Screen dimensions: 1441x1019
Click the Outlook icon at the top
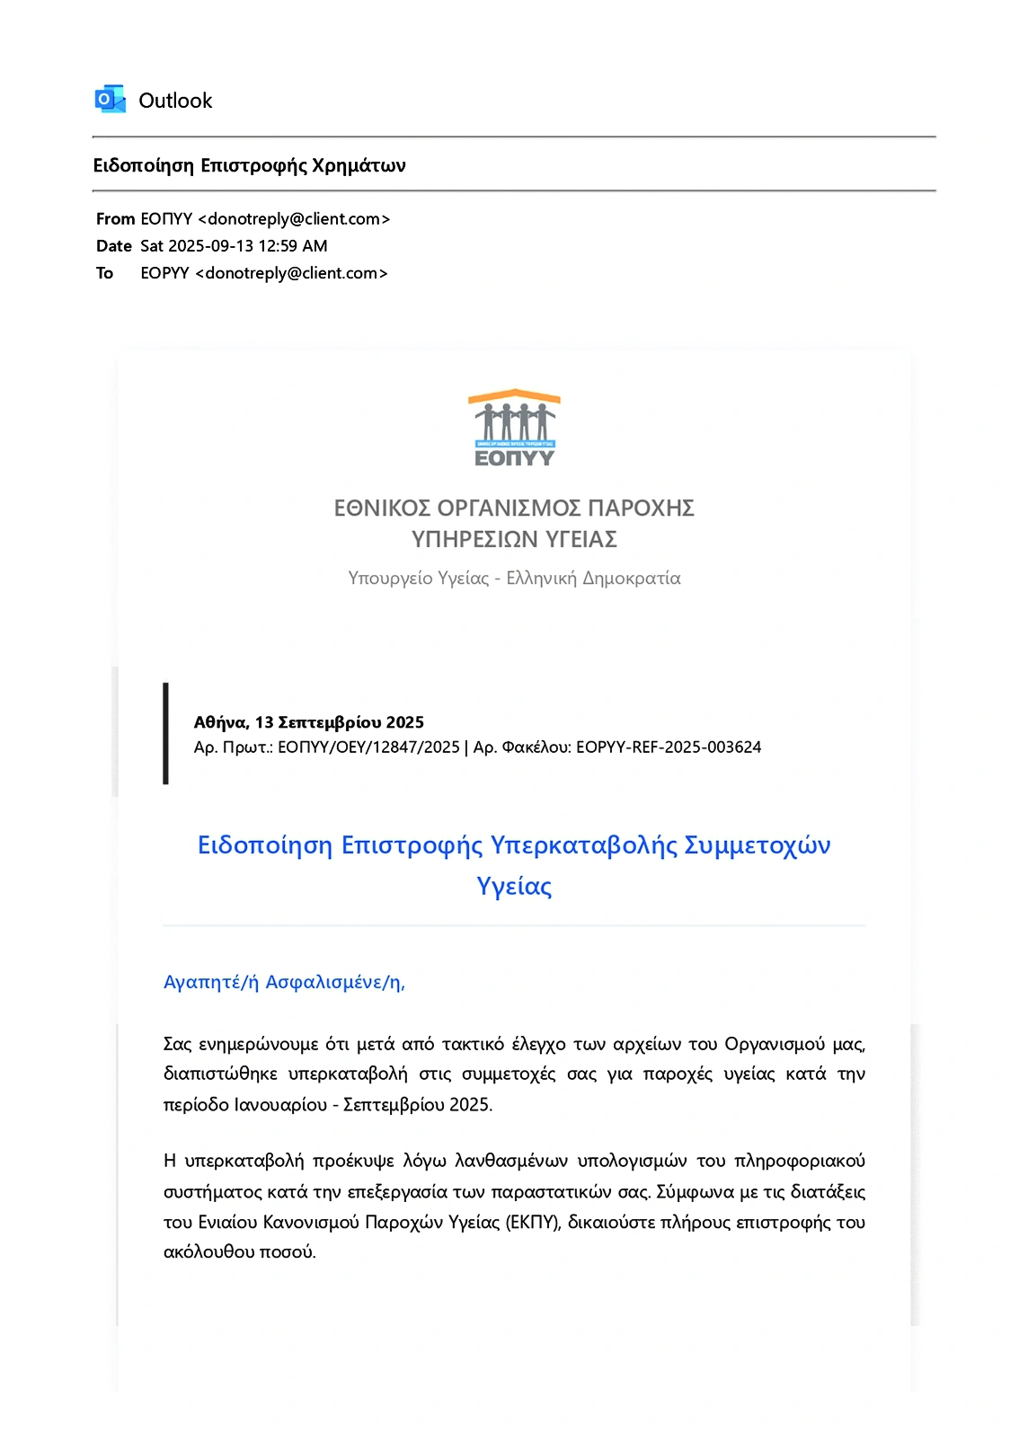pos(110,100)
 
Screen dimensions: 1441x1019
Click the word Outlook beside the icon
pos(175,101)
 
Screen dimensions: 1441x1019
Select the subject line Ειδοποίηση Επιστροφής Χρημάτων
pos(249,165)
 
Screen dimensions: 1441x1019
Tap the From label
pos(115,219)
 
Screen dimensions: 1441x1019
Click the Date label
pos(113,246)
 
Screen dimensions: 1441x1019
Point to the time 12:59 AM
pos(293,246)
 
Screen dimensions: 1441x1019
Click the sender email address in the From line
pos(294,219)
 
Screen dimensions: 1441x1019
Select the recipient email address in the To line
pos(291,273)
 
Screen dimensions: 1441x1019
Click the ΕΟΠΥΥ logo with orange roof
pos(514,428)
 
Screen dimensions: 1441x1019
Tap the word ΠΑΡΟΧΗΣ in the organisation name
pos(641,508)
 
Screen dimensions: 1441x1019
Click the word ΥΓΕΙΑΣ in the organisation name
pos(580,539)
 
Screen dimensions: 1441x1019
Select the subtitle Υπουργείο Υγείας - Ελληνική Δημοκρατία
pos(514,578)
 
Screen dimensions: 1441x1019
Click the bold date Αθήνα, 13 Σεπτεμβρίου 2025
pos(308,722)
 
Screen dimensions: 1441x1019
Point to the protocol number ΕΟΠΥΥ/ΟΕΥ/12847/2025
pos(368,747)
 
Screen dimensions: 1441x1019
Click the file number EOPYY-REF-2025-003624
pos(669,747)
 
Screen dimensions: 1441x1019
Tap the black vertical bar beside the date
pos(165,733)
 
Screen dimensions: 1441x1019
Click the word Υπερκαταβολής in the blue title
pos(583,845)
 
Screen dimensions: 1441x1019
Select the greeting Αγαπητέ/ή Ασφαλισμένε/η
pos(284,982)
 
